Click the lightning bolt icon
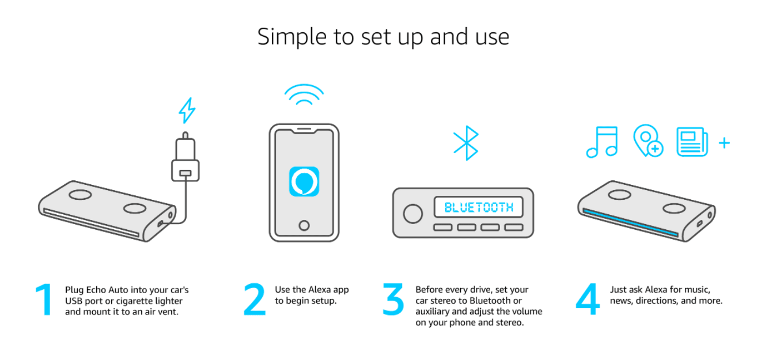pos(187,111)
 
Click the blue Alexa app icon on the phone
pos(304,181)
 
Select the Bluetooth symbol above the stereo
pos(466,143)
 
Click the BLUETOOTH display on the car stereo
pos(479,207)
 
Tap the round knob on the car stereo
pos(412,214)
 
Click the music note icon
pos(602,142)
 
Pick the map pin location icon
pos(648,141)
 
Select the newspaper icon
pos(692,142)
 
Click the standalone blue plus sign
pos(725,143)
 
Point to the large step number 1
pos(44,300)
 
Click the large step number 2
pos(255,299)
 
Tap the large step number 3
pos(393,300)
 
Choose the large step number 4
pos(588,299)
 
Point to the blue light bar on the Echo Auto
pos(630,222)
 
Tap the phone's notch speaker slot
pos(304,130)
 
